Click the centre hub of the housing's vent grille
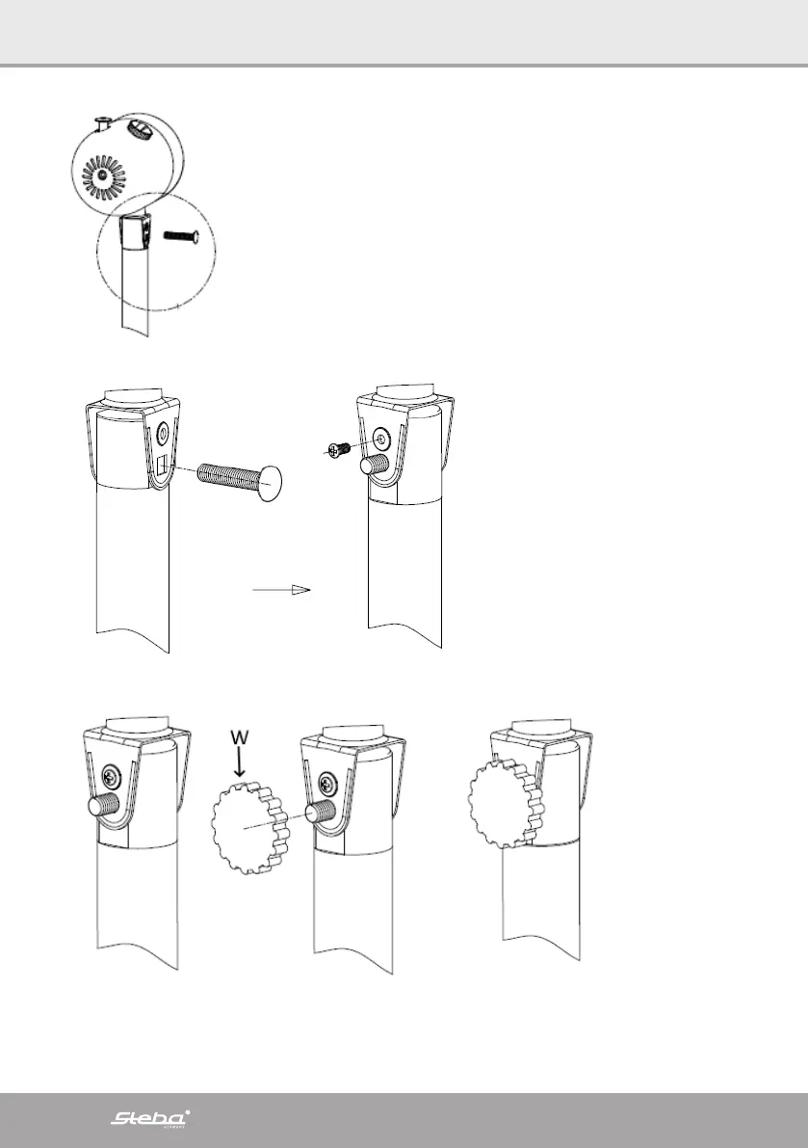click(114, 174)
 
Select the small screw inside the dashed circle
click(182, 236)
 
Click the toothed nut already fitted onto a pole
click(503, 803)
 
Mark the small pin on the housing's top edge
click(102, 121)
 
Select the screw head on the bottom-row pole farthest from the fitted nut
click(112, 772)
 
